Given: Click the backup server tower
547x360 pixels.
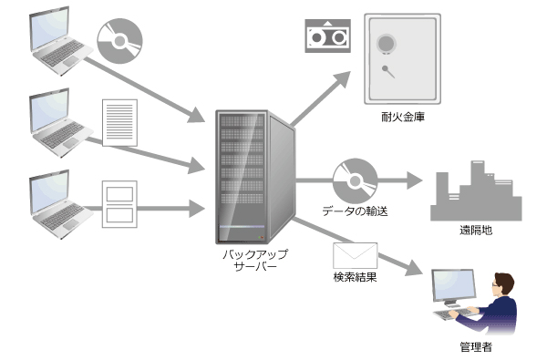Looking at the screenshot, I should pos(256,173).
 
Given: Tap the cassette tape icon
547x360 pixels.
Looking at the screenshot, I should pos(326,36).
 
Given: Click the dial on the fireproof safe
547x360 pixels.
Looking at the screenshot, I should pos(388,45).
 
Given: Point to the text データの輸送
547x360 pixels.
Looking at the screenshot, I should pos(356,212).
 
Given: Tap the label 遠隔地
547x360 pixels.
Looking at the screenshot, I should pos(475,231).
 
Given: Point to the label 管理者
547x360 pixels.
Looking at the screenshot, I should pos(475,347).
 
